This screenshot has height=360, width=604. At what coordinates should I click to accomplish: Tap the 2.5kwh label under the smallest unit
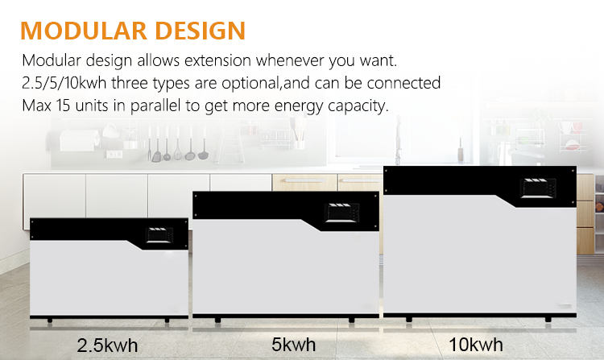[x=107, y=346]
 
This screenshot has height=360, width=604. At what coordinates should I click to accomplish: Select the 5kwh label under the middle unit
[x=293, y=344]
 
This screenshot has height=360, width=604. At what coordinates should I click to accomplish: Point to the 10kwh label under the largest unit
[x=476, y=344]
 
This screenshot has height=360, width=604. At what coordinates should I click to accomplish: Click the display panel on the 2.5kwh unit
[x=159, y=235]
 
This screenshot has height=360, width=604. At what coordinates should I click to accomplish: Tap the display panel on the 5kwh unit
[x=341, y=213]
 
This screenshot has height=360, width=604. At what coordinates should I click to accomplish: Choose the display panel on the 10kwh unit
[x=538, y=188]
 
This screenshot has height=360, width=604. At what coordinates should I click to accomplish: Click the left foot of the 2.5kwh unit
[x=49, y=321]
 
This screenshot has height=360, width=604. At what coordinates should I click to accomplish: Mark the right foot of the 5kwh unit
[x=351, y=320]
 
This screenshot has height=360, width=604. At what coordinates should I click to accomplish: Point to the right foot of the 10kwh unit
[x=548, y=319]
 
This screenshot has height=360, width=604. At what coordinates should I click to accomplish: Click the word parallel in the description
[x=155, y=106]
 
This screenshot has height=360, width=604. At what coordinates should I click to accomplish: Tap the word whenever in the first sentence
[x=290, y=60]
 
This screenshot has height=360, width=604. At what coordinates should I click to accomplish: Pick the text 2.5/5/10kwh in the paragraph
[x=64, y=83]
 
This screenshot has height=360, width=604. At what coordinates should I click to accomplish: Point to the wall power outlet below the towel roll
[x=114, y=155]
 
